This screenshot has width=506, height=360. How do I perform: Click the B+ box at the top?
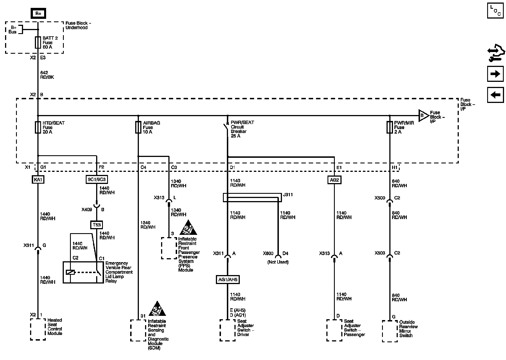pos(38,13)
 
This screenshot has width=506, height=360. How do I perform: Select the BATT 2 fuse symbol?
pos(38,42)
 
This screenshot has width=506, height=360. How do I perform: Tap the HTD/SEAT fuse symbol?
pos(38,127)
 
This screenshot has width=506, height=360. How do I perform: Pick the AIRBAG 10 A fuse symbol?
pos(138,127)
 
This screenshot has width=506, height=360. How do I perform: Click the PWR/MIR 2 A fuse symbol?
pos(390,127)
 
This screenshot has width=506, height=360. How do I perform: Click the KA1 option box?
pos(38,179)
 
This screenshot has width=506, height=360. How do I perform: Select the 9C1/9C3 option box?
pos(96,179)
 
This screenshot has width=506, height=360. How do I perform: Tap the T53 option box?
pos(96,225)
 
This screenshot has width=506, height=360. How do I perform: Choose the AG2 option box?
pos(334,180)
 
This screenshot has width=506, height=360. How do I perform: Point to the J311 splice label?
pos(288,195)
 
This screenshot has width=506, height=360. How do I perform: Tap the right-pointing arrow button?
pos(495,74)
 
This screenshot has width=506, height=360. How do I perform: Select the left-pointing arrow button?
pos(495,95)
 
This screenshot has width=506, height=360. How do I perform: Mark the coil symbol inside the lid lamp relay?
pos(70,272)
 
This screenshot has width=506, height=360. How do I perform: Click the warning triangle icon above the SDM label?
pos(157,309)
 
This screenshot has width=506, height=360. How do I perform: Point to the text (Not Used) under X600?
pos(278,262)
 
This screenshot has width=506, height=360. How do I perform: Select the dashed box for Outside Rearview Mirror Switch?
pos(390,331)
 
